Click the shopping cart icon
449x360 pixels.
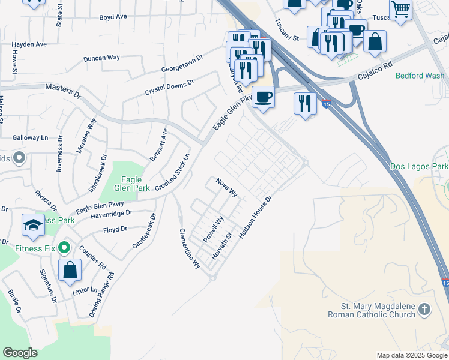point(400,10)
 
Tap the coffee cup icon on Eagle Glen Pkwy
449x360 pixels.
point(262,97)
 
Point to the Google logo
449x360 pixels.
point(20,353)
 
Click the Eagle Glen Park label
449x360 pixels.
point(131,184)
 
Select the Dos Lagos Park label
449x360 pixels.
point(419,166)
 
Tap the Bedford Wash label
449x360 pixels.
point(420,76)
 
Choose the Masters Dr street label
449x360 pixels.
point(63,91)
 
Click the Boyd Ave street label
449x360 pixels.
point(113,17)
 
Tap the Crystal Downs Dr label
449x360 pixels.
point(170,87)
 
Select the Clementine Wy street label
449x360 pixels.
point(190,248)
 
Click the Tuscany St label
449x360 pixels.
point(286,29)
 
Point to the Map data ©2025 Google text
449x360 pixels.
point(412,355)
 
